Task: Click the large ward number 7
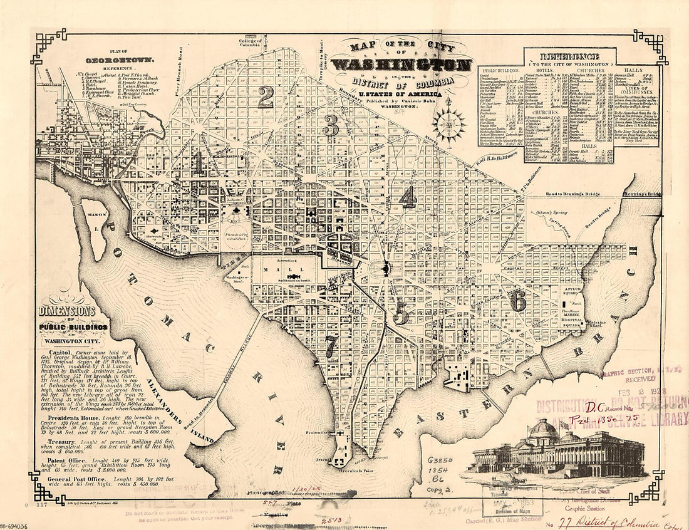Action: point(331,343)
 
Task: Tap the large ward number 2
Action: point(266,97)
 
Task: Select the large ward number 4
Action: point(408,198)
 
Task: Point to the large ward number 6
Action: point(518,301)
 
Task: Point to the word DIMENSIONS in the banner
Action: point(67,311)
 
